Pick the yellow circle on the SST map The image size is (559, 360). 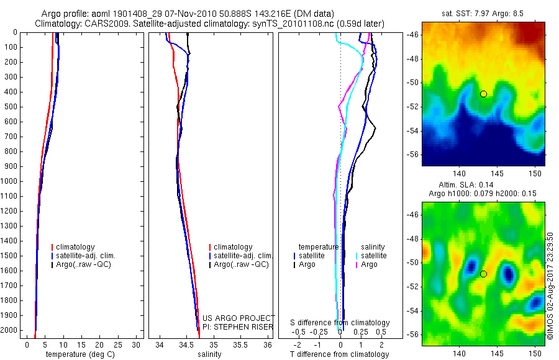483,94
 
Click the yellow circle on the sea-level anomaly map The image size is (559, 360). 483,274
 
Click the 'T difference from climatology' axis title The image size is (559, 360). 339,354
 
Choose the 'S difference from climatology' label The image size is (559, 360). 340,323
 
